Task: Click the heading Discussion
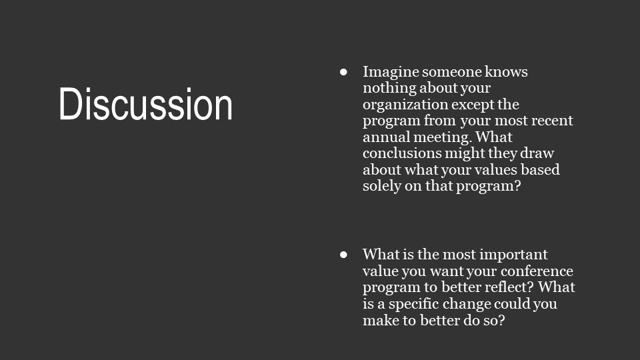[x=146, y=104]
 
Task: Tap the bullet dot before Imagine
[x=344, y=72]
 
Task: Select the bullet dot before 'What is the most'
[x=344, y=255]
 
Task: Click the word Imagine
[x=391, y=72]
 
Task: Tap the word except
[x=473, y=105]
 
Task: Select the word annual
[x=386, y=137]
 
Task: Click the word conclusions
[x=401, y=153]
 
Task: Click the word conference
[x=537, y=271]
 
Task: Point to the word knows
[x=506, y=72]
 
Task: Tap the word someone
[x=451, y=72]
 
